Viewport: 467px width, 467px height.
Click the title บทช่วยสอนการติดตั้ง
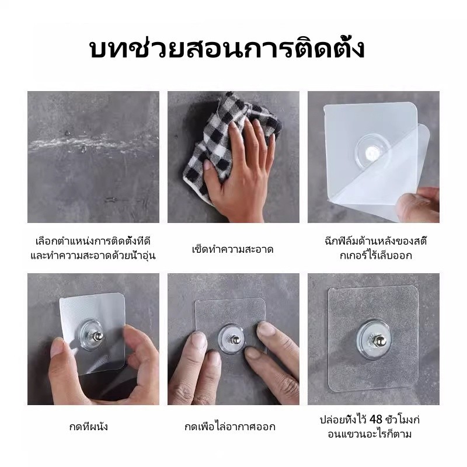tap(227, 49)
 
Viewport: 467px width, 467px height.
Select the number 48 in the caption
tap(375, 419)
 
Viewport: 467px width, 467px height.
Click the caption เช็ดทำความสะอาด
tap(232, 249)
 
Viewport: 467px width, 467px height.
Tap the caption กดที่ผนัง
tap(89, 427)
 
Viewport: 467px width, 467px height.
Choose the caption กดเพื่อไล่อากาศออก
tap(230, 427)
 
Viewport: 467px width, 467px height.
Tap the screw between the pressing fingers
tap(234, 339)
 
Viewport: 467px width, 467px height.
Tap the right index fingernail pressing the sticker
tap(266, 329)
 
